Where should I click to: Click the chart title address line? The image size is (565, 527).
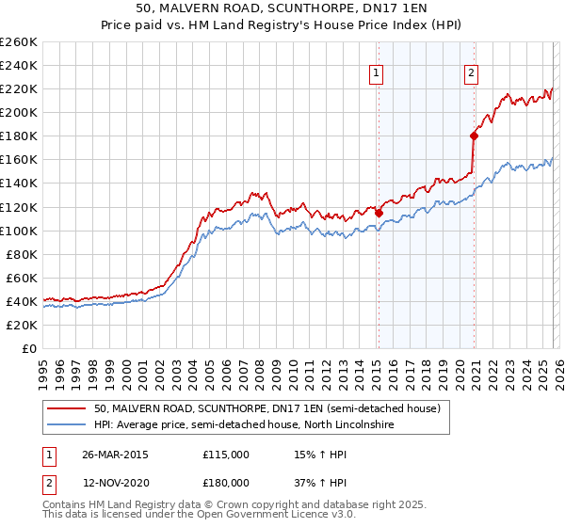pyautogui.click(x=282, y=8)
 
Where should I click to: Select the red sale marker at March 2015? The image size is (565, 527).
pyautogui.click(x=379, y=213)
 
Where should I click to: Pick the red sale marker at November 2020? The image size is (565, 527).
pyautogui.click(x=474, y=136)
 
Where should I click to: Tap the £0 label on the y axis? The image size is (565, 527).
pyautogui.click(x=28, y=348)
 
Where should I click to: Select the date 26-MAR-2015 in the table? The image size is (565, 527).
pyautogui.click(x=116, y=455)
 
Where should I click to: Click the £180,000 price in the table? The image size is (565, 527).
pyautogui.click(x=226, y=482)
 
